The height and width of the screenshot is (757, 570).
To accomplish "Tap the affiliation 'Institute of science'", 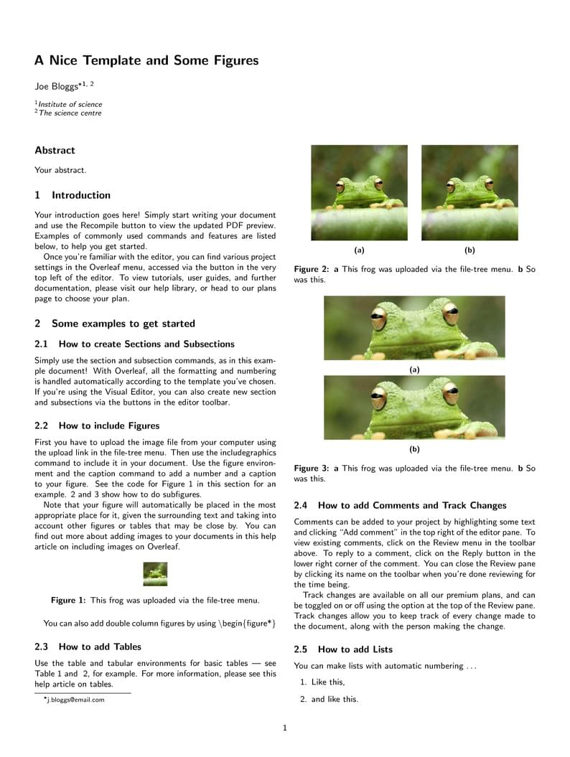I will click(x=70, y=104).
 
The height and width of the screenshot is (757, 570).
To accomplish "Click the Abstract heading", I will click(x=55, y=150).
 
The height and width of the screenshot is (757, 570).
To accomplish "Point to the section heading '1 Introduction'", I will click(x=73, y=195).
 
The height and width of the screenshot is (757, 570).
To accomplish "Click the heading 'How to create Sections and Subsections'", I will click(x=146, y=344).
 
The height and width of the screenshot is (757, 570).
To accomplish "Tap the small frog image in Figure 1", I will click(x=155, y=574).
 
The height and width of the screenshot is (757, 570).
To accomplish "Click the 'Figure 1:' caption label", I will click(x=68, y=600).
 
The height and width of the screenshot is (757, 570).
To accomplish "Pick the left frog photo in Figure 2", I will click(x=359, y=192).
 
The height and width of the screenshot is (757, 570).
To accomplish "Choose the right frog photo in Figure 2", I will click(x=469, y=192).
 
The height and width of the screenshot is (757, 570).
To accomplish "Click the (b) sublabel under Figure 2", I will click(x=469, y=250).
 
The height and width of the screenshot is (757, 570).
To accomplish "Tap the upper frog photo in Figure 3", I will click(x=414, y=328).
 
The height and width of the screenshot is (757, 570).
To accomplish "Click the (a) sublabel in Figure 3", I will click(x=414, y=370).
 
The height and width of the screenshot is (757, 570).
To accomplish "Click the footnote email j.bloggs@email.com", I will click(x=75, y=700).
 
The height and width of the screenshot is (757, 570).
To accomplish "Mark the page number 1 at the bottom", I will click(x=285, y=728).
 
